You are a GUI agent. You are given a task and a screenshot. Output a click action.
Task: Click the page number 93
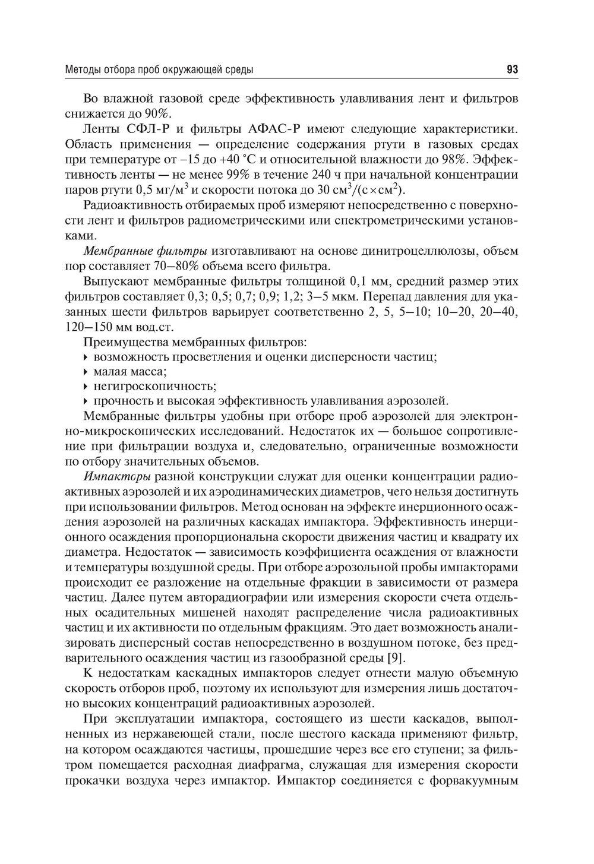[x=513, y=70]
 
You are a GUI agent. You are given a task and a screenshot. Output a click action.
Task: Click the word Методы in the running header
[x=82, y=70]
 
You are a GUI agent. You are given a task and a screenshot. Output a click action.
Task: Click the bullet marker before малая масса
[x=87, y=372]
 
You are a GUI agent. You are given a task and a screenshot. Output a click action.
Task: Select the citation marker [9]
[x=397, y=658]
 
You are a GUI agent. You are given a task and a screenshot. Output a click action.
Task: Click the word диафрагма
[x=321, y=765]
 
